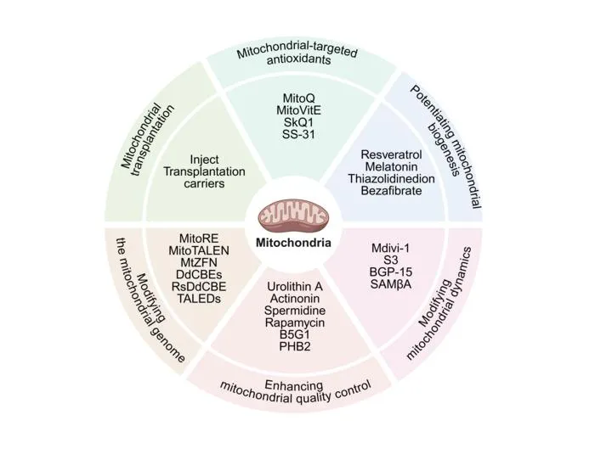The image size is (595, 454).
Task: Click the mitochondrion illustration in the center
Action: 293,219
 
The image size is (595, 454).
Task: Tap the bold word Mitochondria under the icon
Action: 293,243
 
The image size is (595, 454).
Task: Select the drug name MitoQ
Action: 298,98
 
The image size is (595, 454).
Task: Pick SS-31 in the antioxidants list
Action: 298,134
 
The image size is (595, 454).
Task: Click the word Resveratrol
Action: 391,154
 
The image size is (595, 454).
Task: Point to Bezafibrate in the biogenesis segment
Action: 391,190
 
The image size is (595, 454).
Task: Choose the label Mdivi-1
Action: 391,249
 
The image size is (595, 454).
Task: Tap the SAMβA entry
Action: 391,284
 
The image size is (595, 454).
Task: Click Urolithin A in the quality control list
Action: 295,287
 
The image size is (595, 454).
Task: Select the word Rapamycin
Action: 295,322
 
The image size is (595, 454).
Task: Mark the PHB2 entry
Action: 295,346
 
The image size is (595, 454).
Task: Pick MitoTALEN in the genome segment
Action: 199,250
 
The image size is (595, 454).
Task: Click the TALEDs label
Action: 199,299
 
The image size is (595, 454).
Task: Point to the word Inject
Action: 205,160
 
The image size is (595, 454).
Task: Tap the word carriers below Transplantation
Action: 205,184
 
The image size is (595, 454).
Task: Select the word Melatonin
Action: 391,166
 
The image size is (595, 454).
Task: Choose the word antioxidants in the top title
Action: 298,60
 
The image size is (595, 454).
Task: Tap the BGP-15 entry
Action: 391,272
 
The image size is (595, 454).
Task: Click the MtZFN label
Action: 199,262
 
